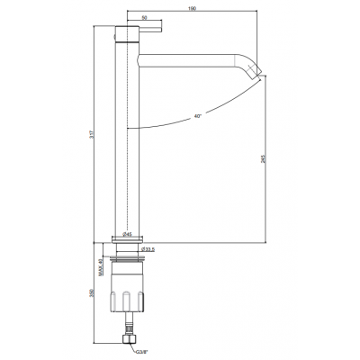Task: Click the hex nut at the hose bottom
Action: coord(129,339)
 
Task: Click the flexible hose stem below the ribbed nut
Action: coord(129,323)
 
